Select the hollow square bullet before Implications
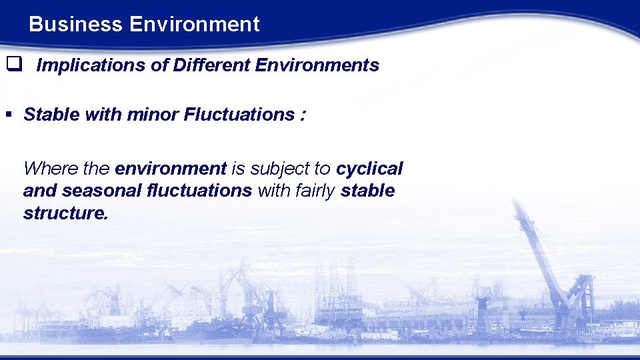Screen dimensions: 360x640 coord(11,65)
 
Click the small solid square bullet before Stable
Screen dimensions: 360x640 coord(9,115)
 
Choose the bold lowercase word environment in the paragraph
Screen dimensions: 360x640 coord(171,168)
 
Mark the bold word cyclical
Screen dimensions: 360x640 coord(369,168)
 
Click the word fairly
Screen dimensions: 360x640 coord(313,191)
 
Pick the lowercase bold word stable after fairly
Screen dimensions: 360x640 coord(367,191)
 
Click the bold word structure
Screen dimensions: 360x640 coord(65,213)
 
